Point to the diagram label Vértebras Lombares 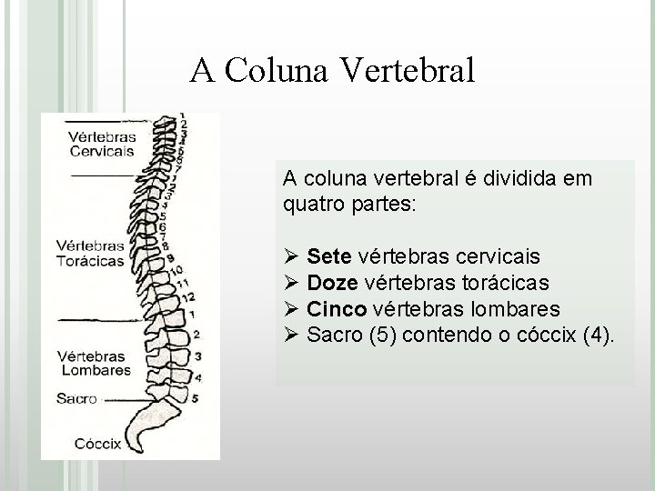[x=95, y=363]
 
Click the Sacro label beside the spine [x=76, y=398]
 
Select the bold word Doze [x=333, y=283]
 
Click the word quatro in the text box [x=311, y=205]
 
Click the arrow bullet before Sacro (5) [x=291, y=336]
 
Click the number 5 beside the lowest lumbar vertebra [x=196, y=397]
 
